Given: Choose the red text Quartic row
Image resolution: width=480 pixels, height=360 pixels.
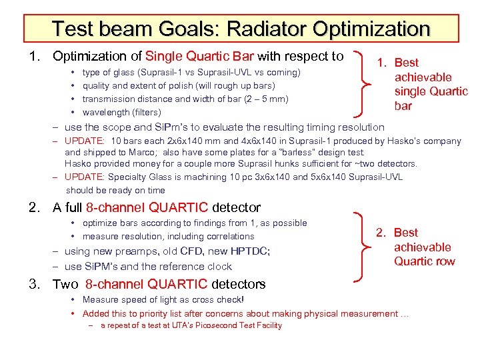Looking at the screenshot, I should click(x=424, y=261).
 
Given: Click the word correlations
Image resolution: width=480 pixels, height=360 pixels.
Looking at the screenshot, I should click(x=230, y=237).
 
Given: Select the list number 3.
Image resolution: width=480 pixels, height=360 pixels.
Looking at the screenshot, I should click(x=33, y=285).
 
